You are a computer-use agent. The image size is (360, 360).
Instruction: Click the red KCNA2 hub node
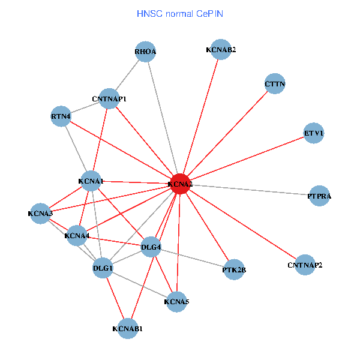click(x=180, y=184)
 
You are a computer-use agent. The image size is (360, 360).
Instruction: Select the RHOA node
click(x=145, y=52)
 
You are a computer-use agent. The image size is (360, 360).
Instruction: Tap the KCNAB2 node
click(x=221, y=49)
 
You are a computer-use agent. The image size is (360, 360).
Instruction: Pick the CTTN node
click(x=275, y=84)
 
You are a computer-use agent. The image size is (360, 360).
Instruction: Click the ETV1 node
click(x=314, y=133)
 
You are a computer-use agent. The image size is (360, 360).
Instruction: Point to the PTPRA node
click(x=319, y=196)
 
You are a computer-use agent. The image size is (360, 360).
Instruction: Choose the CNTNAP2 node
click(x=305, y=265)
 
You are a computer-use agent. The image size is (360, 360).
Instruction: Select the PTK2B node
click(x=234, y=269)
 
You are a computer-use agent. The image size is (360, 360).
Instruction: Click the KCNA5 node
click(x=176, y=301)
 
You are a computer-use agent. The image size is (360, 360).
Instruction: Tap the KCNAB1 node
click(x=127, y=328)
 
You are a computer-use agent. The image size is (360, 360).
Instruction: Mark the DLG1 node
click(x=103, y=268)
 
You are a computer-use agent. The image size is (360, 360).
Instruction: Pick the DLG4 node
click(x=151, y=247)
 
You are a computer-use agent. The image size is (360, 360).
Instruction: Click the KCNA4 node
click(x=77, y=236)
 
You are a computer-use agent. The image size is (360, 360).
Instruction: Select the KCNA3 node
click(x=40, y=213)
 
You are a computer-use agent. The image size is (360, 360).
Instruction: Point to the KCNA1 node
click(x=91, y=181)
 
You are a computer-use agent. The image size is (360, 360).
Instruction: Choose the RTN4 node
click(x=61, y=116)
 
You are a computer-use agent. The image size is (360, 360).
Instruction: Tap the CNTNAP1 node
click(x=109, y=98)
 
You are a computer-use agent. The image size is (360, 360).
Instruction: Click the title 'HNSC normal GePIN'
click(x=180, y=13)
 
